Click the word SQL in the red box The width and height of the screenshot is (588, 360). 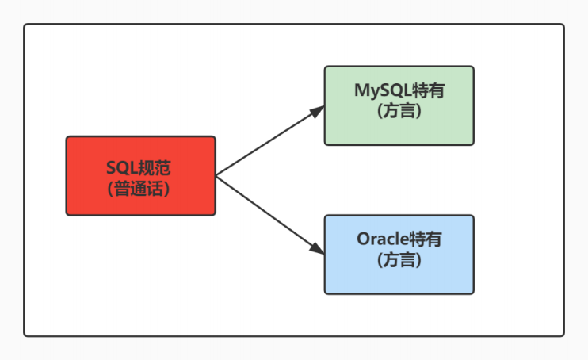(x=120, y=167)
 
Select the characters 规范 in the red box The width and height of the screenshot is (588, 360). (x=154, y=167)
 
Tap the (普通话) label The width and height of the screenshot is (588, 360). (x=140, y=188)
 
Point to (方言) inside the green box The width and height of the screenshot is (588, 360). (x=399, y=111)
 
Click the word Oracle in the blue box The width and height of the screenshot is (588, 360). (x=383, y=239)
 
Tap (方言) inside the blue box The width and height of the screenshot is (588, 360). (x=399, y=259)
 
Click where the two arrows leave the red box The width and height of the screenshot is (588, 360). (x=216, y=176)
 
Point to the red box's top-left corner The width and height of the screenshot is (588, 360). (x=67, y=137)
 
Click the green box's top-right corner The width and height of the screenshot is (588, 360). (x=473, y=67)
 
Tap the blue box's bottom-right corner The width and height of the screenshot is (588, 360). (x=473, y=293)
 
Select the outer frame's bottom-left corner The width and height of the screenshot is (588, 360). (x=25, y=335)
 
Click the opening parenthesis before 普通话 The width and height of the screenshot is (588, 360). (x=109, y=189)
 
